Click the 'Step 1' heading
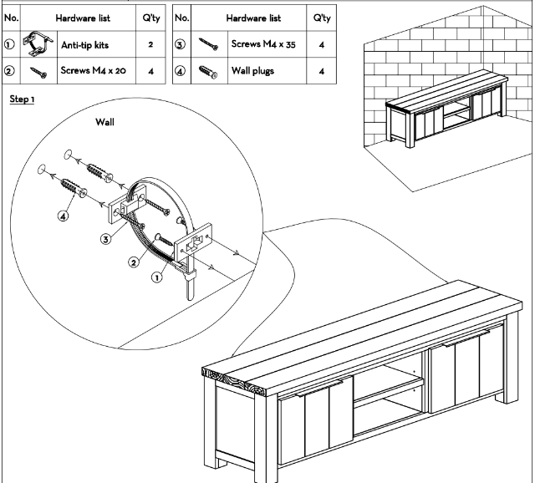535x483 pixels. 22,99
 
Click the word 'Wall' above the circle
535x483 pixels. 105,122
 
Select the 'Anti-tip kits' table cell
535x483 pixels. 84,43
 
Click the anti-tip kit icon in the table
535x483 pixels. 37,43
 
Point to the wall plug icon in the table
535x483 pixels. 206,72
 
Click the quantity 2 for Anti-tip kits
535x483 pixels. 151,43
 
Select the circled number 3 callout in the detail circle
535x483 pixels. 105,239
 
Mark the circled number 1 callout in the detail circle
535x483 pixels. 156,278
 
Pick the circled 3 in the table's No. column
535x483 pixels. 180,43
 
